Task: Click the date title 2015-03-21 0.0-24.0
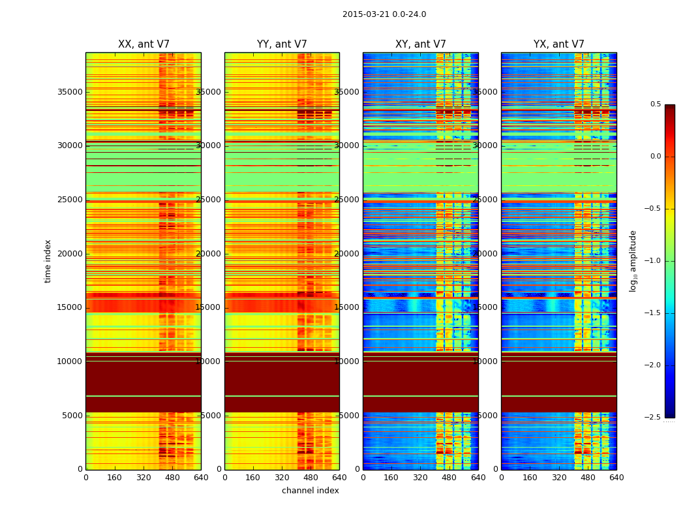coord(384,14)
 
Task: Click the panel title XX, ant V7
coord(144,44)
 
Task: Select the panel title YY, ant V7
coord(282,44)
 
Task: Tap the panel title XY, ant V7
coord(421,44)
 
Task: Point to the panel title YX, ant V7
coord(559,44)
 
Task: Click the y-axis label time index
coord(48,261)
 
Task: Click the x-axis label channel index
coord(311,491)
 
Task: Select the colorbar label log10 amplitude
coord(633,261)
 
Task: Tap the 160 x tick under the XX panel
coord(114,478)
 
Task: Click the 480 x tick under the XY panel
coord(449,478)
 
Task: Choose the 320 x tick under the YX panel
coord(559,478)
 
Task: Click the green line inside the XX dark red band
coord(144,396)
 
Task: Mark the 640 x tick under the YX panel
coord(616,478)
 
